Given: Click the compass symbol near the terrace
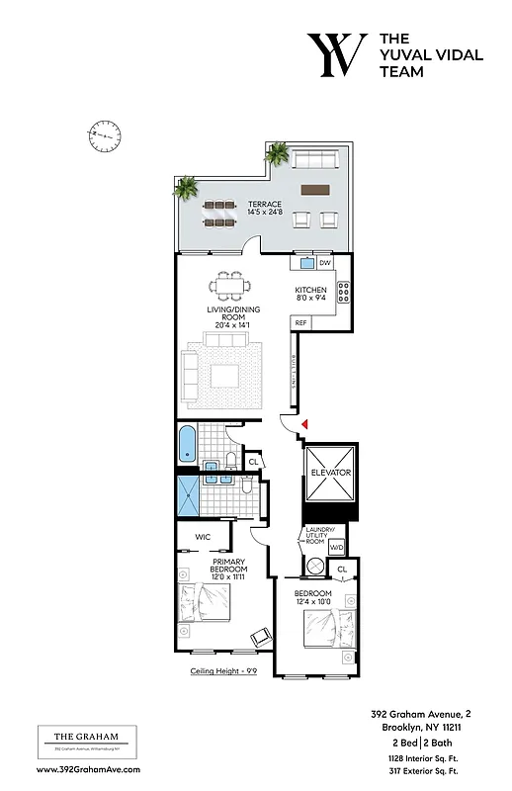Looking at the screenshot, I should (x=104, y=132).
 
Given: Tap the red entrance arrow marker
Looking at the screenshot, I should (x=305, y=424).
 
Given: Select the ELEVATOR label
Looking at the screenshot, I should (x=330, y=473).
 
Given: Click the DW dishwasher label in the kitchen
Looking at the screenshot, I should (x=324, y=263).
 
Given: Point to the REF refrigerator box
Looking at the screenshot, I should (x=300, y=323).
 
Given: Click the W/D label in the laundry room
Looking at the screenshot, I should (x=336, y=547).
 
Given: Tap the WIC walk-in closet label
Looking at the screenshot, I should (x=204, y=537).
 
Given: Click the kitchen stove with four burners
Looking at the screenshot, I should (x=344, y=293).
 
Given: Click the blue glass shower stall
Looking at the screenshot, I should (x=188, y=496).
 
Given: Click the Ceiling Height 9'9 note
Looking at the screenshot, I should (x=226, y=670).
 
